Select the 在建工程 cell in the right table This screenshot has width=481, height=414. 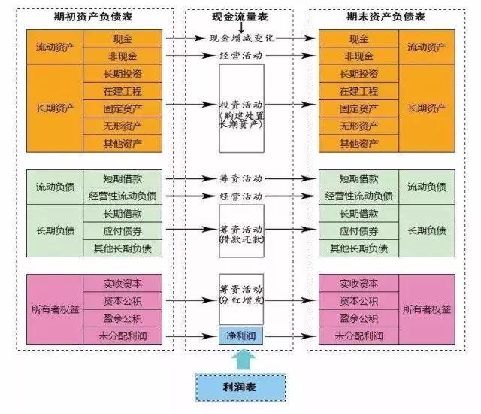pos(359,91)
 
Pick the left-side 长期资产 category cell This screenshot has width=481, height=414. pos(55,108)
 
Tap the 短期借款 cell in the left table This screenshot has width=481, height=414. pos(123,179)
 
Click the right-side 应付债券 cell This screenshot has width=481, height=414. pos(359,231)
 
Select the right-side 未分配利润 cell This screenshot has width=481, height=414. pos(359,336)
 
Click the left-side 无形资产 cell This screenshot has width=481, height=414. pos(123,126)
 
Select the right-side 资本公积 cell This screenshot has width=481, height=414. pos(359,301)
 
